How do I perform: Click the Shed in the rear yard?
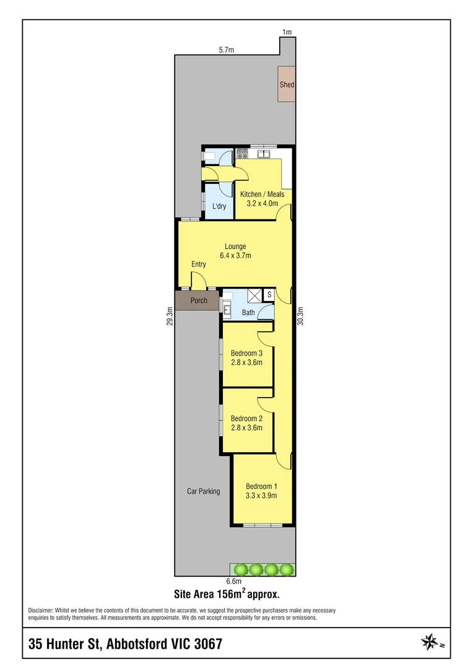click(x=287, y=84)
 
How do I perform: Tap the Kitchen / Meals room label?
click(x=262, y=195)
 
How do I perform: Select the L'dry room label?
click(x=219, y=206)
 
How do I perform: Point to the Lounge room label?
click(x=235, y=247)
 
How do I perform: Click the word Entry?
click(x=198, y=265)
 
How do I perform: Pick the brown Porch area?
click(x=198, y=301)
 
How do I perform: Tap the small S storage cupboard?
click(x=269, y=294)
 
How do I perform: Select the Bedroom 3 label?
click(x=247, y=354)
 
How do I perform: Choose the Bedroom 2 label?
click(x=247, y=418)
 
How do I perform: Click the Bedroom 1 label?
click(x=261, y=486)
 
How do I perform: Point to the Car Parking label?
click(x=204, y=491)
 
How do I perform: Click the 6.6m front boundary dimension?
click(x=233, y=581)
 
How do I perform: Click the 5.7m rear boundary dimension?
click(x=227, y=50)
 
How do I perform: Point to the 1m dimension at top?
click(x=286, y=32)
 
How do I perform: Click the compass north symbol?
click(x=429, y=642)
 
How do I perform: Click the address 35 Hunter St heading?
click(x=125, y=644)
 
